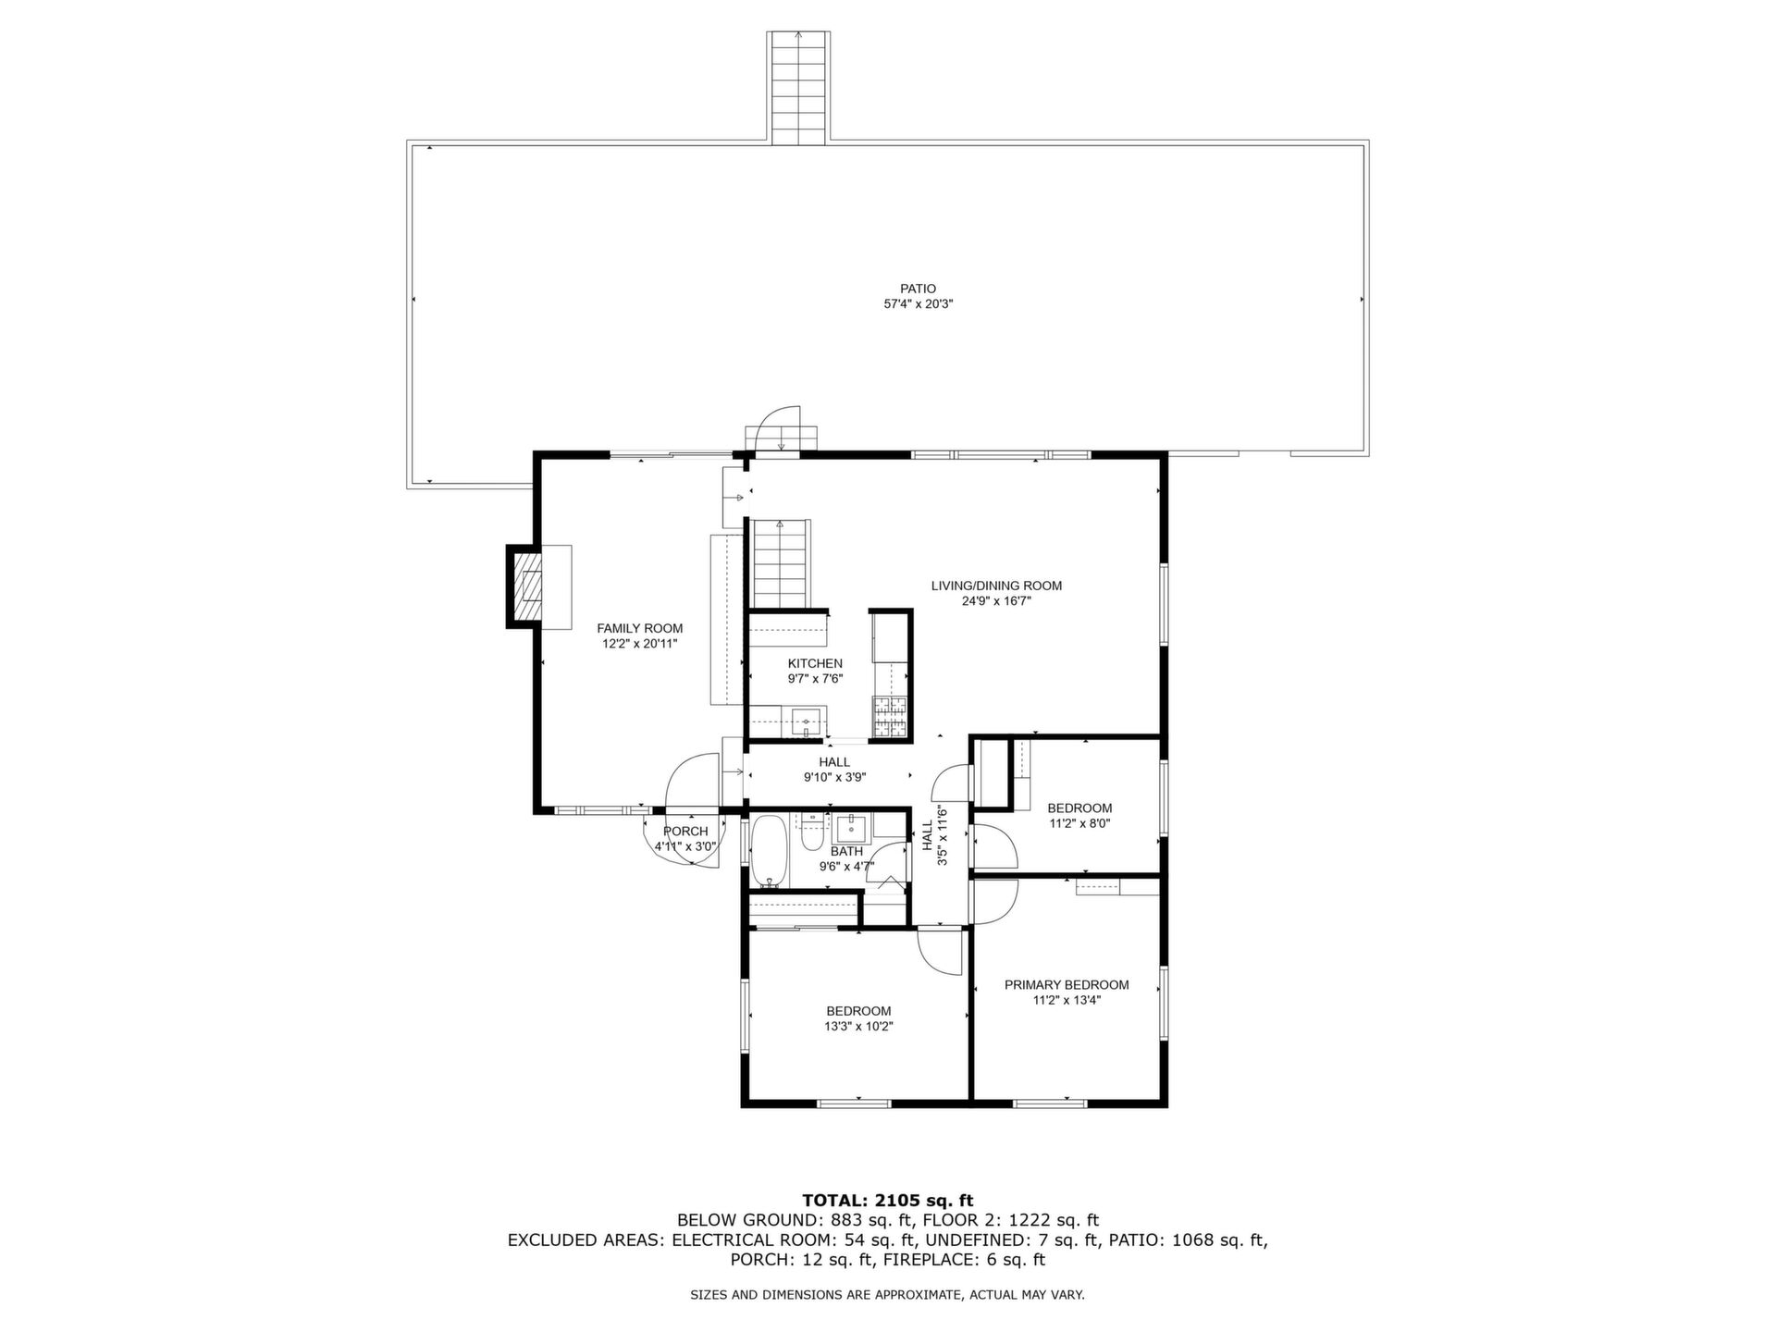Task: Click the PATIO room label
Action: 918,289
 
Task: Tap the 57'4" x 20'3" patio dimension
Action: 918,303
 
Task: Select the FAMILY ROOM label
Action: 639,628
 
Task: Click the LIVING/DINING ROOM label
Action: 996,586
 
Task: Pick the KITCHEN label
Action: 815,663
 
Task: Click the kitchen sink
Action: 807,721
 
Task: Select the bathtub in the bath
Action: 769,849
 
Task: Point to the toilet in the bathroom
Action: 812,832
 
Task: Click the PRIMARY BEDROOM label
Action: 1067,985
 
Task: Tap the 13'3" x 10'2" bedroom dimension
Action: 858,1026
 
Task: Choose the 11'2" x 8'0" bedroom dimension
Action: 1079,823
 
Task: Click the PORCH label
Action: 685,832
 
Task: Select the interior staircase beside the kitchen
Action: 782,563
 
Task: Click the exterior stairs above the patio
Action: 799,88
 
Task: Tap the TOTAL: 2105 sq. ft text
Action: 887,1201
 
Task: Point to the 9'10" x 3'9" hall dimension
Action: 834,778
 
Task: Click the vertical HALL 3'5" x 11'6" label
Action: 935,835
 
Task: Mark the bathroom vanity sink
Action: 852,825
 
